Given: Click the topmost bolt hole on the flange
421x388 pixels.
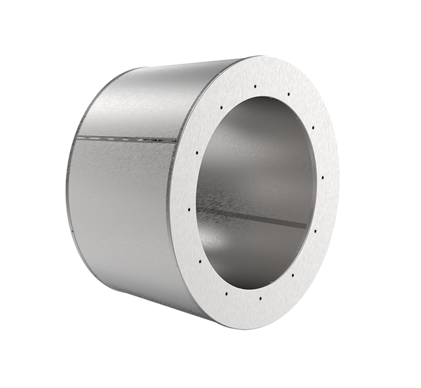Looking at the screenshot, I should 255,86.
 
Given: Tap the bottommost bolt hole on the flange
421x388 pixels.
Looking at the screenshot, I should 260,299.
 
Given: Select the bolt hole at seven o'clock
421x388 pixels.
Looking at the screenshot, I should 229,295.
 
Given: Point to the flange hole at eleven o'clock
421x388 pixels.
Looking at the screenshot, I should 221,107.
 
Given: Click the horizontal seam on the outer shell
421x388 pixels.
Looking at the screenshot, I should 126,138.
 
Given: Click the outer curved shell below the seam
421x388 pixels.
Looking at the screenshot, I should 119,210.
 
